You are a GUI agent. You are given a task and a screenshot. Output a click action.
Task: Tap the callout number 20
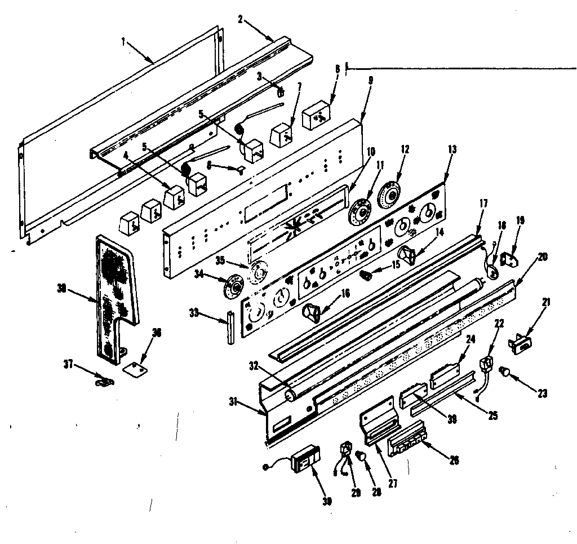(542, 256)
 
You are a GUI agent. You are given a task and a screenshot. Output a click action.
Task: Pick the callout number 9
(370, 80)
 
